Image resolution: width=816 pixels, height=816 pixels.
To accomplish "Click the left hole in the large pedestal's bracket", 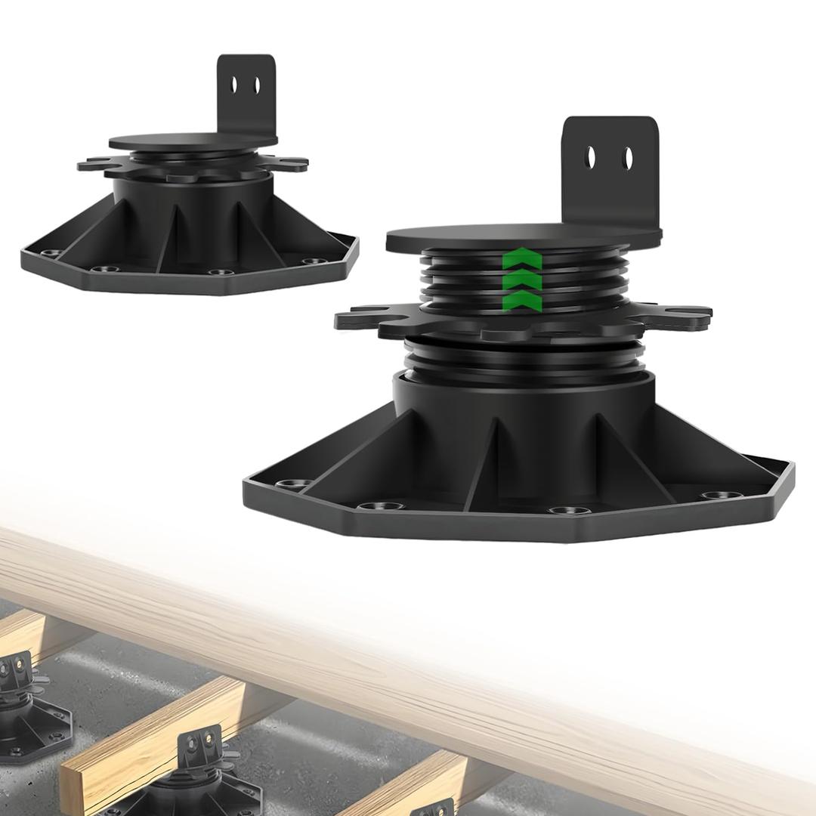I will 592,157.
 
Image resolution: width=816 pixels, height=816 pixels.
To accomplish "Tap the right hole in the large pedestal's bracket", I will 627,157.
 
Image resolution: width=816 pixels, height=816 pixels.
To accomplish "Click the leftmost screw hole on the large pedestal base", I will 288,484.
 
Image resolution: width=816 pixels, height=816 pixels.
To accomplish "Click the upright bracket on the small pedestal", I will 246,94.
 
